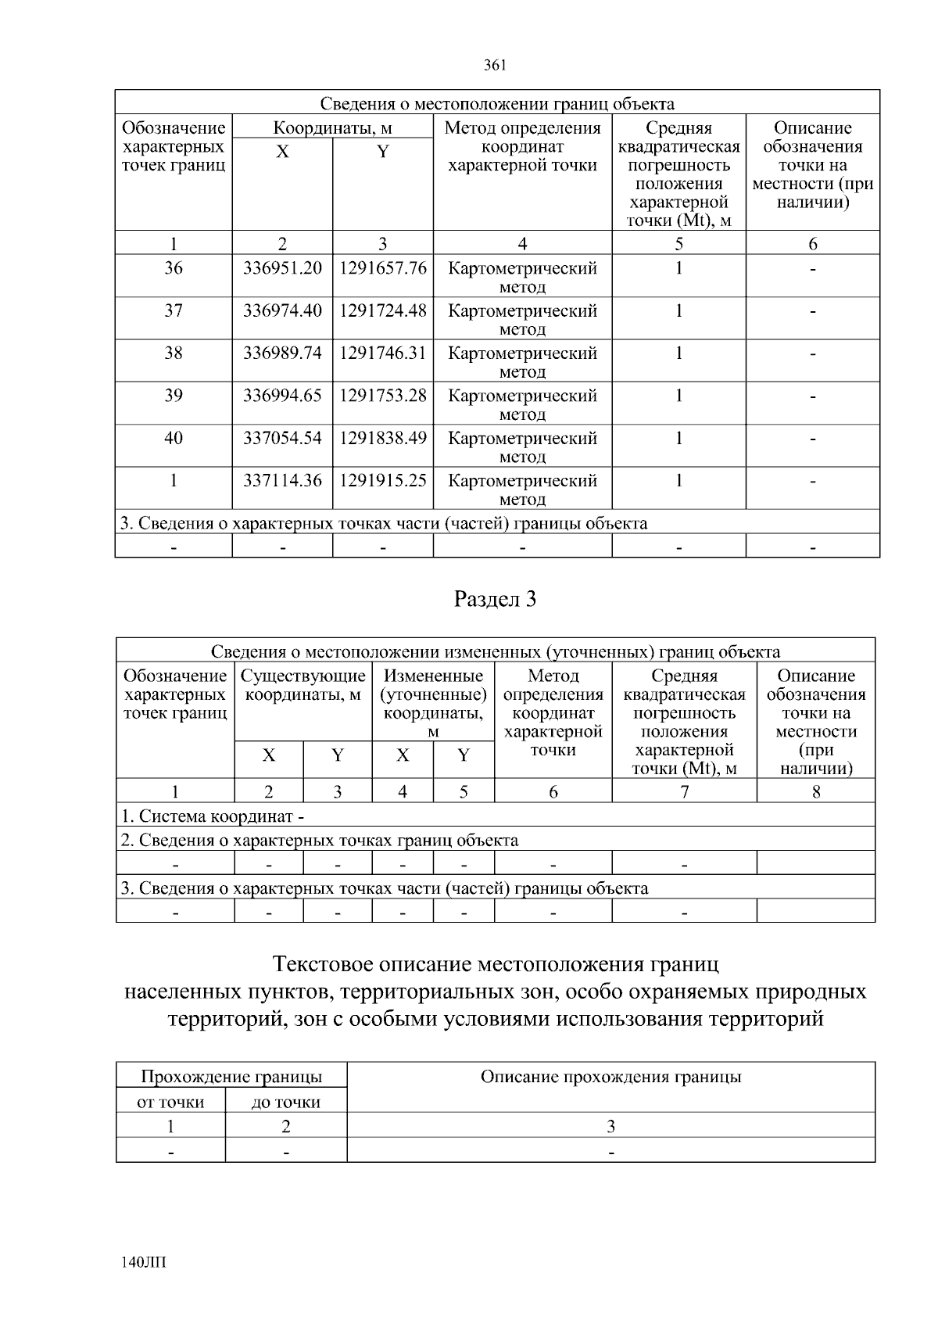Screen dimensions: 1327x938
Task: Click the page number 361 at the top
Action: pyautogui.click(x=496, y=65)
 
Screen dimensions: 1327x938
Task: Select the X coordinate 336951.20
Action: pyautogui.click(x=282, y=268)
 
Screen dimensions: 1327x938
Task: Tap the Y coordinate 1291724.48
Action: pyautogui.click(x=383, y=310)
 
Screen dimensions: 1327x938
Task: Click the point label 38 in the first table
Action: pyautogui.click(x=174, y=353)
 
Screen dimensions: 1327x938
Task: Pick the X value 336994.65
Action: pyautogui.click(x=282, y=395)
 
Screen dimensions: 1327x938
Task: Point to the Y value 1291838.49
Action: pyautogui.click(x=383, y=438)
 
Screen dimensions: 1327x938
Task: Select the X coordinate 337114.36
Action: pyautogui.click(x=282, y=480)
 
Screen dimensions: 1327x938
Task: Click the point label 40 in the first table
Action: pyautogui.click(x=174, y=438)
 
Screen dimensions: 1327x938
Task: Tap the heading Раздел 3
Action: pyautogui.click(x=496, y=600)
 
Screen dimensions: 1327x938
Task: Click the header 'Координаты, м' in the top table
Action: pyautogui.click(x=332, y=128)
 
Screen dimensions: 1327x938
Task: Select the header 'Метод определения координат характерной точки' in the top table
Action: pyautogui.click(x=522, y=146)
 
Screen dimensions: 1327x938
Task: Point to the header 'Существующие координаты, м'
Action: pyautogui.click(x=303, y=685)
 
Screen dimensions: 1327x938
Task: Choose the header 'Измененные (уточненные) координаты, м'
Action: pyautogui.click(x=433, y=703)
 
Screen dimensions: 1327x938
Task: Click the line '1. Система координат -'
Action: pyautogui.click(x=213, y=816)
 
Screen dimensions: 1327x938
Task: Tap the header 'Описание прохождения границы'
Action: pyautogui.click(x=610, y=1077)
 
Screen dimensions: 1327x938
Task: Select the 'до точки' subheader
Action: pyautogui.click(x=286, y=1103)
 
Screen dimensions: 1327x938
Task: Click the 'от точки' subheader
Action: pyautogui.click(x=170, y=1103)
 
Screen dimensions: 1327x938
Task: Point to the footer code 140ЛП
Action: pyautogui.click(x=145, y=1263)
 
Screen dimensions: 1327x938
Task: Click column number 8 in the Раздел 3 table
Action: pyautogui.click(x=816, y=791)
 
